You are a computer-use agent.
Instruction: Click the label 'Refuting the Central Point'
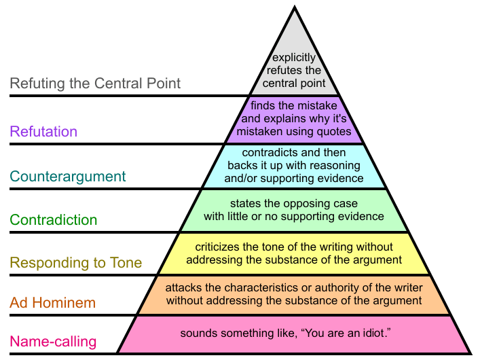pyautogui.click(x=95, y=84)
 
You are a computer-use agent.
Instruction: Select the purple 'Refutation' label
pyautogui.click(x=43, y=132)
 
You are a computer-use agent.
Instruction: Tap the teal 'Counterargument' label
pyautogui.click(x=68, y=177)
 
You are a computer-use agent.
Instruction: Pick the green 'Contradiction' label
pyautogui.click(x=54, y=220)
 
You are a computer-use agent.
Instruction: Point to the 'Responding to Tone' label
pyautogui.click(x=76, y=263)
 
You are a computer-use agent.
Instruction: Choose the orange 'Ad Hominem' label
pyautogui.click(x=53, y=303)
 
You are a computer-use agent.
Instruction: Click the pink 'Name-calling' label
pyautogui.click(x=53, y=342)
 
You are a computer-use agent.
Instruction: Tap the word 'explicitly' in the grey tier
pyautogui.click(x=294, y=58)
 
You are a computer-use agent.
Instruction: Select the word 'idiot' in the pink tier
pyautogui.click(x=374, y=333)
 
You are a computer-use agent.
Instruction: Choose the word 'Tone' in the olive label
pyautogui.click(x=126, y=263)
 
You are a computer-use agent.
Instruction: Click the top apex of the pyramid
pyautogui.click(x=295, y=6)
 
